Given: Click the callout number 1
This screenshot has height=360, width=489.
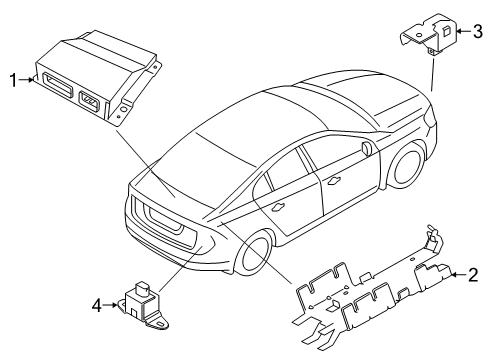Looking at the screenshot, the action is [13, 80].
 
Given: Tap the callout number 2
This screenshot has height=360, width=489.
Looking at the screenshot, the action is [473, 275].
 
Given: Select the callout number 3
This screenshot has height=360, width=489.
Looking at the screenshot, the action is [477, 32].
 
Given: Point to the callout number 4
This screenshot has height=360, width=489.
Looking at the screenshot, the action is [97, 305].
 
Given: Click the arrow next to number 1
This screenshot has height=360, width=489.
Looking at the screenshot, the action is [27, 80].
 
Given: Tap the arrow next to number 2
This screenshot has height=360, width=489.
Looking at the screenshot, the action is [458, 275].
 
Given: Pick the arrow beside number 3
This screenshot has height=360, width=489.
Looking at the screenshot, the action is [463, 31].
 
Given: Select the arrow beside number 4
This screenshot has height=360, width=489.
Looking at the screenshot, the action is [111, 305].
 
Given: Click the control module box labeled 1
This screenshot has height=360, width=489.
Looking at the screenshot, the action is [97, 77].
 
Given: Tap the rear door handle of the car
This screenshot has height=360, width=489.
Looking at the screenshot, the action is [278, 207].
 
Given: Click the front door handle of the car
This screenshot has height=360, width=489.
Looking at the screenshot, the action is [334, 180].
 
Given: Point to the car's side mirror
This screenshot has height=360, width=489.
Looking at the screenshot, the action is [366, 148].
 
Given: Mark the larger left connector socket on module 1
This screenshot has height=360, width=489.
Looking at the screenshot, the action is [57, 83].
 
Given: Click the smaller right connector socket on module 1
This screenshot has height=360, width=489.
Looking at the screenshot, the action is [89, 100].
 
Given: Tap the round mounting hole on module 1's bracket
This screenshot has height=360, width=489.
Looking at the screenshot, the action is [124, 109].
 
